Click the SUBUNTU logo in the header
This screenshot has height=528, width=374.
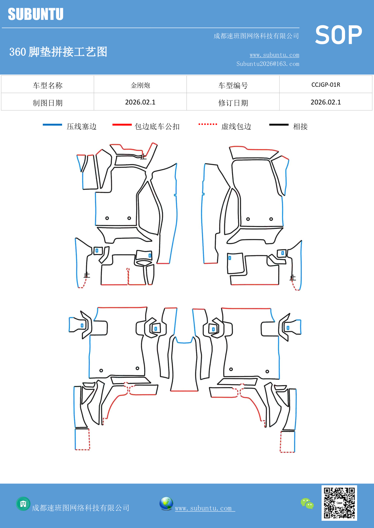[36, 14]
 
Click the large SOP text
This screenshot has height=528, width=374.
[338, 35]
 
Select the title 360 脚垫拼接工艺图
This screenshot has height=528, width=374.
[58, 52]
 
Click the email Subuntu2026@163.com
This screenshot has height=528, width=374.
[268, 64]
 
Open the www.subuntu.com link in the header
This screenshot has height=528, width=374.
[274, 55]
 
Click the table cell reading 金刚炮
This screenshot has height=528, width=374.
[140, 85]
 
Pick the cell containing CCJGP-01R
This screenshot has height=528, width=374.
[325, 85]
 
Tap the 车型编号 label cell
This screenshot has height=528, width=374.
[233, 85]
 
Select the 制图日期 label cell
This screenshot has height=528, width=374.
[48, 103]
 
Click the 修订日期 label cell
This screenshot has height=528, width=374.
[233, 103]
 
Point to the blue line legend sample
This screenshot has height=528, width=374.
[52, 125]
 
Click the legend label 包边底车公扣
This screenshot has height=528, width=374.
[157, 126]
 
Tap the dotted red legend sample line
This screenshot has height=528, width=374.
[208, 124]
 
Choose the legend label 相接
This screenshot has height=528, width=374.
[300, 126]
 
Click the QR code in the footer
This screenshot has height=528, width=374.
[339, 503]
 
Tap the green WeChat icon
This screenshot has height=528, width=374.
[307, 504]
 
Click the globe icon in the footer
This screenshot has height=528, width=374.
[166, 504]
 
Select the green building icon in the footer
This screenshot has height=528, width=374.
[23, 504]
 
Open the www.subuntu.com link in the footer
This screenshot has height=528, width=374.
[203, 508]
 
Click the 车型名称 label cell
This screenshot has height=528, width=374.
[48, 85]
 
